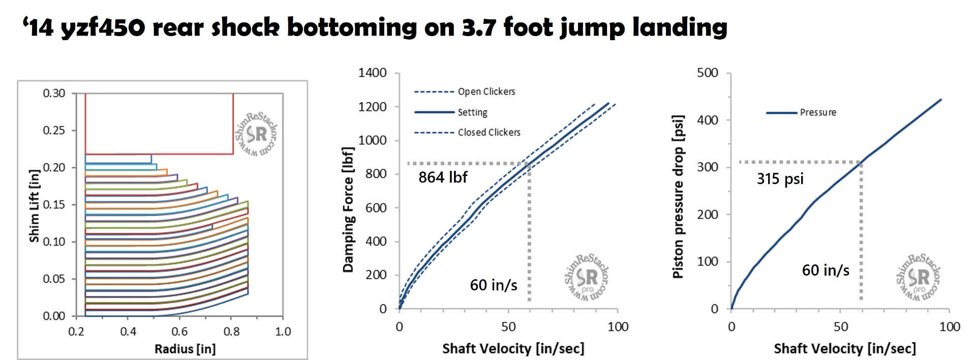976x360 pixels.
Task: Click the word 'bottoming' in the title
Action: pos(352,27)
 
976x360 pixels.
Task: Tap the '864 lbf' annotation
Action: pos(443,177)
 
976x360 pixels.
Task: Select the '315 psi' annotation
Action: pos(780,178)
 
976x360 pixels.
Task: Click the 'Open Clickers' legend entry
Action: pos(486,92)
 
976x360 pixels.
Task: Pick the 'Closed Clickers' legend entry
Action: pos(489,132)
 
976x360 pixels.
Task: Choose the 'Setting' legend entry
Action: pos(472,112)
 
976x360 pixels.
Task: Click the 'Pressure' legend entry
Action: pos(817,112)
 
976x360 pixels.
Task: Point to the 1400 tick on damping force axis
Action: pos(373,73)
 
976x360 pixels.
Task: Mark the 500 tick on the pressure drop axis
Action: pos(708,73)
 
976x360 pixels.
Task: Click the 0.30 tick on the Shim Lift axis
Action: pos(54,93)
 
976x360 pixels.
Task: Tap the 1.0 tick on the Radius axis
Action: pos(283,332)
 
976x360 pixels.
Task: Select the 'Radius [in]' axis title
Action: pos(185,349)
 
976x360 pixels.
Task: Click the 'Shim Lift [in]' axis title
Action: pos(34,206)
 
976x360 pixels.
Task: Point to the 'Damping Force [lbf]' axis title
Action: pos(348,209)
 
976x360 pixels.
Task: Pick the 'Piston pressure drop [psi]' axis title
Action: pos(678,197)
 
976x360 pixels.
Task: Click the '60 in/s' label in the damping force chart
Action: pos(494,285)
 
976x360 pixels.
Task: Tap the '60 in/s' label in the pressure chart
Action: pos(826,270)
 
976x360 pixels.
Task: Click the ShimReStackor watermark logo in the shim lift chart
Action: pos(257,134)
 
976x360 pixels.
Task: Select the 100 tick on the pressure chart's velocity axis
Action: pos(949,326)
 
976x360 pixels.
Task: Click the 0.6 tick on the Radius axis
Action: pos(179,332)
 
